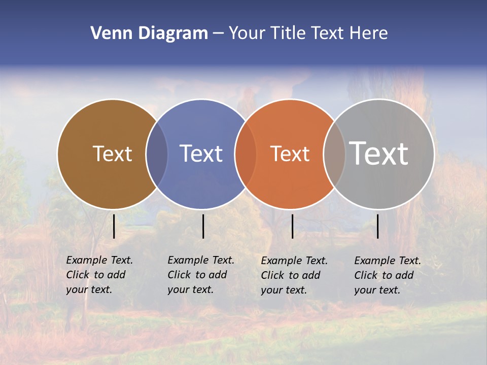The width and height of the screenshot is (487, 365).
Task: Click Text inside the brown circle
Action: (112, 154)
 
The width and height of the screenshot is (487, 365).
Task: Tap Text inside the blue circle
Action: (201, 154)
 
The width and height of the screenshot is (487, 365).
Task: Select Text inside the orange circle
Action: (290, 154)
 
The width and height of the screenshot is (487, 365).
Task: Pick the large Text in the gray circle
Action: (379, 154)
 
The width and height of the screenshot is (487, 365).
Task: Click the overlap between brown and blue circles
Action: (157, 154)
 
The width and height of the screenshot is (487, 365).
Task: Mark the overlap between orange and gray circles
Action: (334, 154)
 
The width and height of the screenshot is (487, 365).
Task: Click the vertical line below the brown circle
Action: (114, 226)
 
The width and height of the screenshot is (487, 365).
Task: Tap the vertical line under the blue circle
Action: (203, 226)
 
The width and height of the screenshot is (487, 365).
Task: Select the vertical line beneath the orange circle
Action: (292, 226)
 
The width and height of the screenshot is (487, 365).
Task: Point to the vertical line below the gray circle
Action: (377, 226)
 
